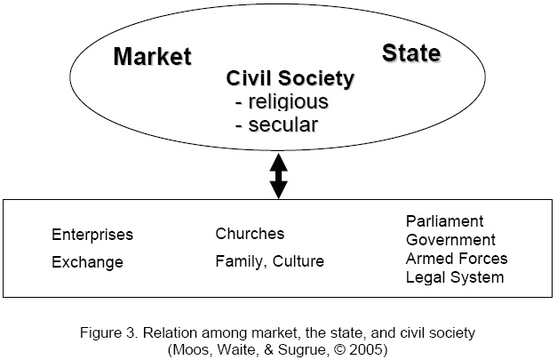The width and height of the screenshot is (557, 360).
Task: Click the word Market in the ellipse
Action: tap(152, 57)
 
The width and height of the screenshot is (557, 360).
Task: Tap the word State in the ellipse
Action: tap(411, 53)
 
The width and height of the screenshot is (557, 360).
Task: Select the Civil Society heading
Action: tap(290, 78)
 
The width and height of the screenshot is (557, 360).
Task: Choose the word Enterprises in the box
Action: tap(92, 236)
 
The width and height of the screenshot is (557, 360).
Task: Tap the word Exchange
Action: tap(87, 262)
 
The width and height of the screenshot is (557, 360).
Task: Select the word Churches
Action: tap(250, 234)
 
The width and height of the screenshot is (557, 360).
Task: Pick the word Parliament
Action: tap(445, 220)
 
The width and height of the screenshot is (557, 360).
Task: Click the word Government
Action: tap(451, 240)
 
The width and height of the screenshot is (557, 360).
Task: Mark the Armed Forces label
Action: tap(457, 259)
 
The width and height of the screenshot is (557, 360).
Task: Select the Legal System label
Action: tap(455, 277)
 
